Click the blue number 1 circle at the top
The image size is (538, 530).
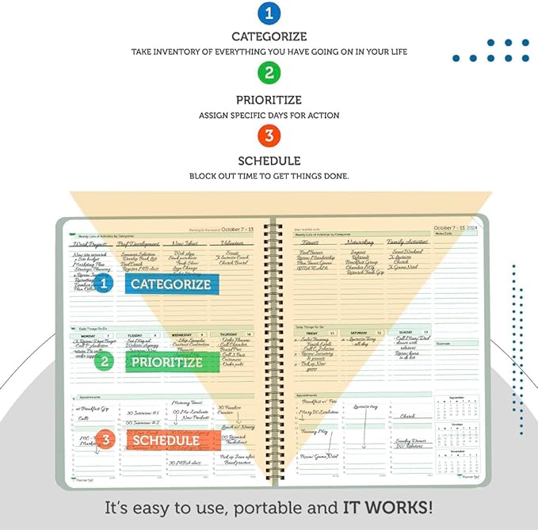(x=269, y=13)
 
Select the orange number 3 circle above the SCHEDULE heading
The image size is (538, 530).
(x=269, y=135)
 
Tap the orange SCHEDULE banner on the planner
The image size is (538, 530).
(x=166, y=440)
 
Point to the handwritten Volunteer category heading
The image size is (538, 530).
(x=233, y=243)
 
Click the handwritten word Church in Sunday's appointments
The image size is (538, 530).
(x=407, y=415)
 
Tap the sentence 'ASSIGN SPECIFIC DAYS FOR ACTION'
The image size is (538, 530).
(x=269, y=116)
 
